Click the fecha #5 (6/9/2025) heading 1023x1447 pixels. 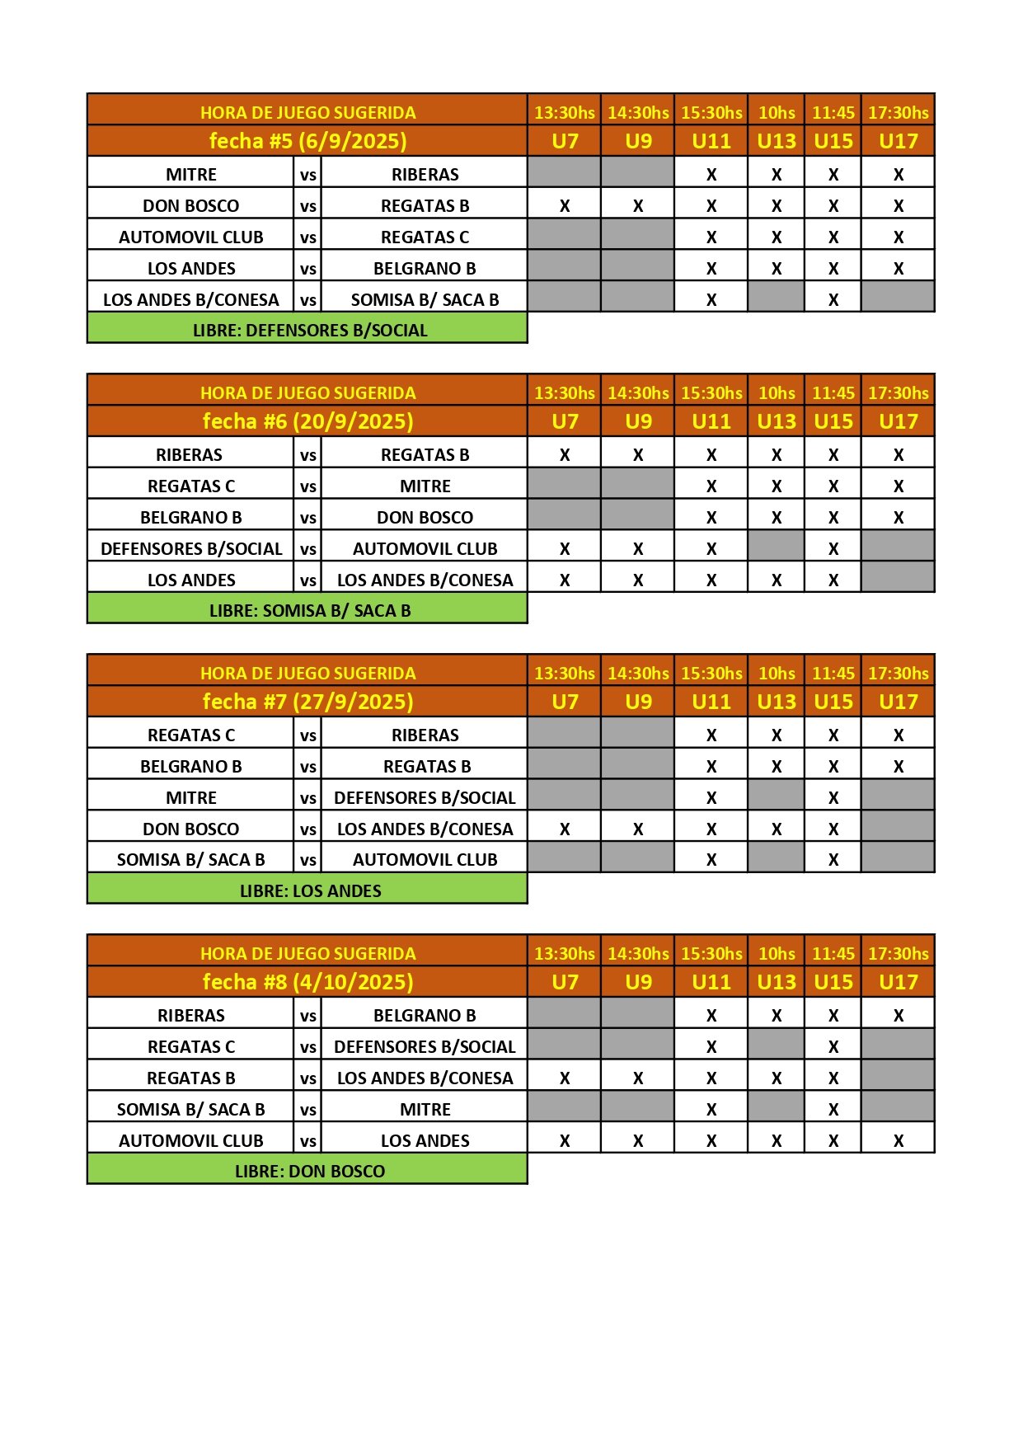tap(307, 141)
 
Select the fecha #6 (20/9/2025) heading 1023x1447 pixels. tap(307, 421)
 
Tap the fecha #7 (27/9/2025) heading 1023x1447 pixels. tap(307, 702)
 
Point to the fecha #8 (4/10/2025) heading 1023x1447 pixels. tap(307, 982)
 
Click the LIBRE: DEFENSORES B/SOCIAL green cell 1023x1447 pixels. tap(307, 330)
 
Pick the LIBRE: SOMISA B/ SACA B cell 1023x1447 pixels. tap(307, 610)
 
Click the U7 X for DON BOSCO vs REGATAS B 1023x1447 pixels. tap(565, 206)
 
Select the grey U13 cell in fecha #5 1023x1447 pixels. tap(776, 297)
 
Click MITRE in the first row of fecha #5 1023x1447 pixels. tap(191, 175)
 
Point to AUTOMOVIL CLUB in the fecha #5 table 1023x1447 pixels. tap(191, 237)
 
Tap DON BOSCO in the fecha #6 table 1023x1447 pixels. tap(425, 518)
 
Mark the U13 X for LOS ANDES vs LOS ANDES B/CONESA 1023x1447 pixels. tap(777, 580)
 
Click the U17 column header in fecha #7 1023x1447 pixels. tap(898, 702)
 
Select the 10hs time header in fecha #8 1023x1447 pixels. tap(777, 953)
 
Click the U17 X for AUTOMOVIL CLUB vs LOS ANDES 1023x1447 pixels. tap(899, 1141)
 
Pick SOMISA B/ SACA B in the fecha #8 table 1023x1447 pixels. tap(191, 1110)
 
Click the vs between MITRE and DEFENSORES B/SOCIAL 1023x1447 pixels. tap(308, 798)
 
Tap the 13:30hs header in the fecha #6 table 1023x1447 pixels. tap(565, 392)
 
